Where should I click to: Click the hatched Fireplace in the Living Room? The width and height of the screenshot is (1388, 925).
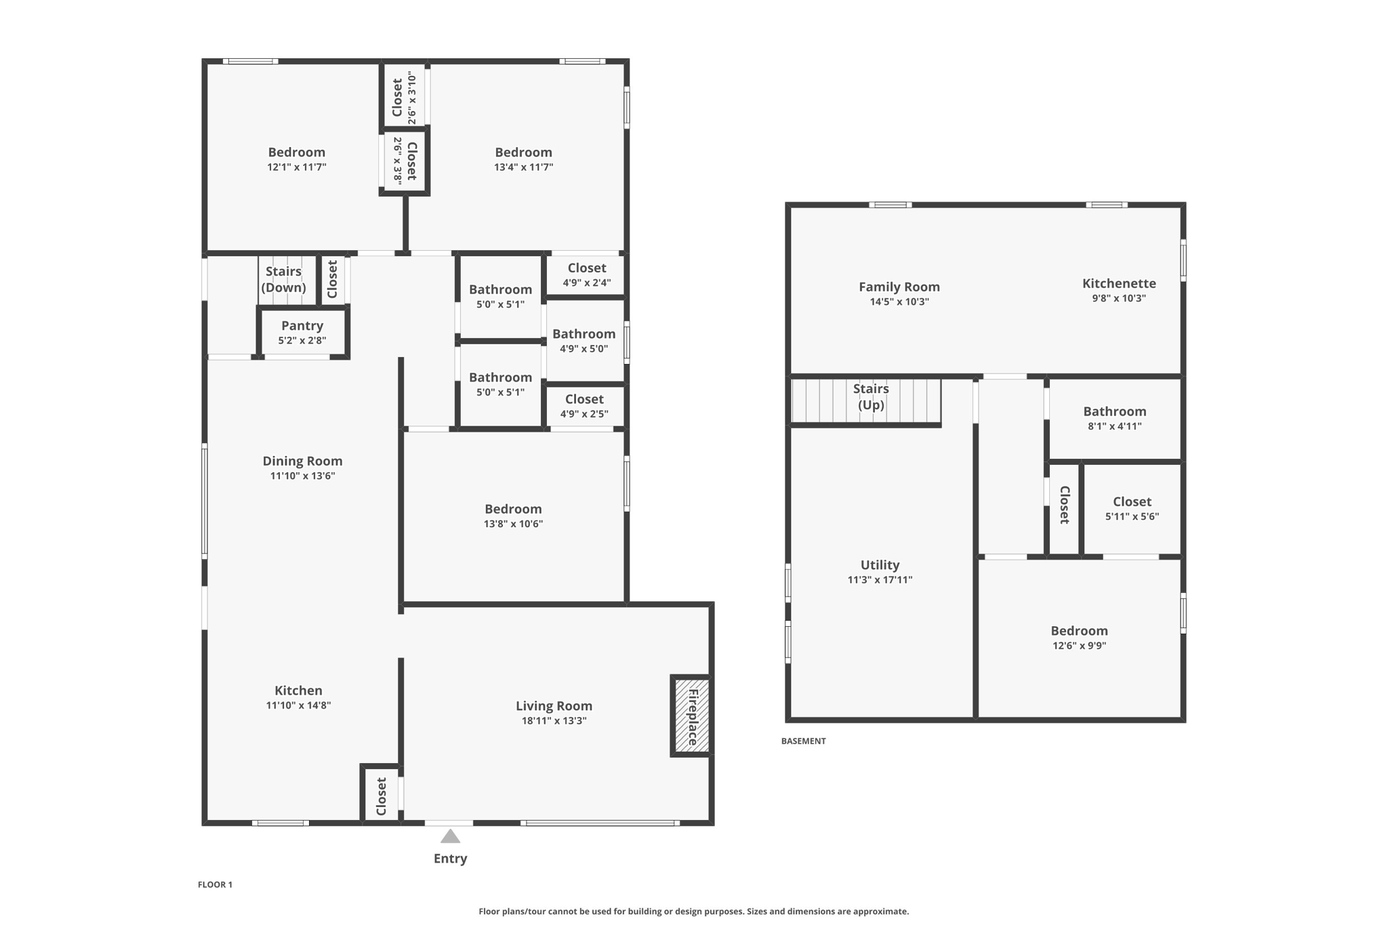691,716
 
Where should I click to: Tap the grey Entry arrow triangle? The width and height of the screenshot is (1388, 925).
450,837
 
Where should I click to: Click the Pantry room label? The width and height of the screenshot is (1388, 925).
302,326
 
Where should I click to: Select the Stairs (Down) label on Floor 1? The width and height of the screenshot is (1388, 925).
283,279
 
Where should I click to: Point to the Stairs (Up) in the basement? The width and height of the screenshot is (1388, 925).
871,397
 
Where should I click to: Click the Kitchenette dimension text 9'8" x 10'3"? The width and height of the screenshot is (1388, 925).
1118,298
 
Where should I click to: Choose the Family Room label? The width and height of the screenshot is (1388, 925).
899,287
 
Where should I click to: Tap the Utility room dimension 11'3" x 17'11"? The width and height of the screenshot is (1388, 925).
880,580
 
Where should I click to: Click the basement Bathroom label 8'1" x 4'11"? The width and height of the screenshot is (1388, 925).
1114,418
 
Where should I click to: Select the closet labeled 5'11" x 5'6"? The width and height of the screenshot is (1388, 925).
1132,508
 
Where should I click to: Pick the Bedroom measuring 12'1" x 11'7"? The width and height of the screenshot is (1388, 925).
296,159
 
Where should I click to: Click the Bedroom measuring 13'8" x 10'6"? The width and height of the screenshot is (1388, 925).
513,516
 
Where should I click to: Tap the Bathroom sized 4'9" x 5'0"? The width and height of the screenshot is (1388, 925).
584,341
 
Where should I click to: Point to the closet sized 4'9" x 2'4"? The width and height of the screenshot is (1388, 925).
586,275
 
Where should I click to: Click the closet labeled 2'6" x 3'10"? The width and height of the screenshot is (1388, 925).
404,98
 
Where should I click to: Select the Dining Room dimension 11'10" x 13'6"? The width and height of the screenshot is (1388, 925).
302,476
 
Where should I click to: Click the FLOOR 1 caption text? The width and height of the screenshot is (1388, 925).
215,884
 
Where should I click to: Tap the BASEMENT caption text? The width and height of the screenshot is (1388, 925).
803,741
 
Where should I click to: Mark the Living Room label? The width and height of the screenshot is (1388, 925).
554,706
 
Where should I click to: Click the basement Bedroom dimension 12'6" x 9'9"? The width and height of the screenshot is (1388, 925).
1079,646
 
